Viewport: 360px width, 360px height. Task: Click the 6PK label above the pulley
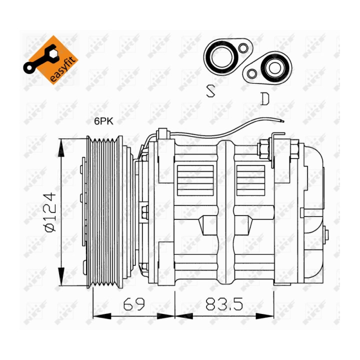[104, 121]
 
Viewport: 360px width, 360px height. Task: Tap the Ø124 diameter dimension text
[50, 212]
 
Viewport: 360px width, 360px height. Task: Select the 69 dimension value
[134, 304]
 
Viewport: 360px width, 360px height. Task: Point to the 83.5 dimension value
[224, 304]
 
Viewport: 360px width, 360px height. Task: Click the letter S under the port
[210, 91]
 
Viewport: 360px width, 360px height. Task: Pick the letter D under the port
[265, 98]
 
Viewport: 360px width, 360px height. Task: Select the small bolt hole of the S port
[243, 48]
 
